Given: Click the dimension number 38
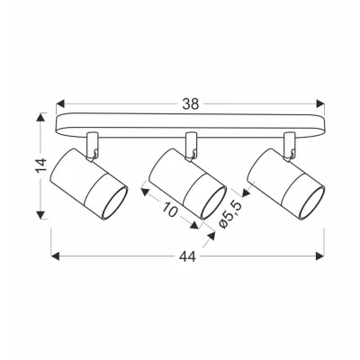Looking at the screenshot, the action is click(191, 104).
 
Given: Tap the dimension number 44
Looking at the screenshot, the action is click(188, 256).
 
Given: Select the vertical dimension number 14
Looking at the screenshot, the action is click(41, 166).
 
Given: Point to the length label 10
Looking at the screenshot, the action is click(170, 210).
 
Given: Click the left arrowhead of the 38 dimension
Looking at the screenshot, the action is click(60, 104).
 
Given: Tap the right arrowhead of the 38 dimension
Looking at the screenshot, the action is click(320, 104).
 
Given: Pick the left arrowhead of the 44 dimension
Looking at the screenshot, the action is click(55, 256).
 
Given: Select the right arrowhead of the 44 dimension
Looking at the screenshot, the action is click(320, 256).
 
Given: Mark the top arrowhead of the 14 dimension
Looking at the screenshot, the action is click(40, 117).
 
